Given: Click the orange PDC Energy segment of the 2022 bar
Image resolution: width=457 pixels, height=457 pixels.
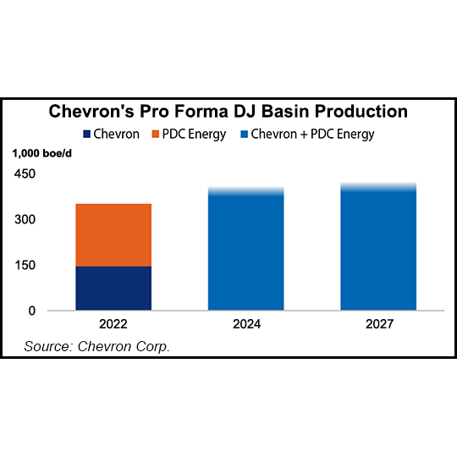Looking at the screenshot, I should [113, 234].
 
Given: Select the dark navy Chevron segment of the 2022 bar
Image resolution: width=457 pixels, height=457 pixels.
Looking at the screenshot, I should [113, 288].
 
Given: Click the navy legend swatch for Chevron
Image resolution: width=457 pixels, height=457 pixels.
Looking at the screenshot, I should [87, 134].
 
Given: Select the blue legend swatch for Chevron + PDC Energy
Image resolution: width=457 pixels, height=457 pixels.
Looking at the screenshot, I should [245, 134].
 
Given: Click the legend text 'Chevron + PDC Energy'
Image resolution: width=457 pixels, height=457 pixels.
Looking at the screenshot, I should [313, 134].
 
